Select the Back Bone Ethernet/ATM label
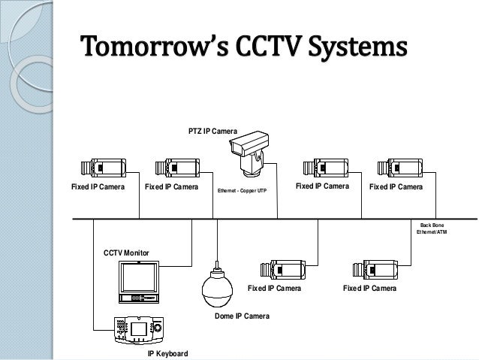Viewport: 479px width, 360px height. click(x=432, y=228)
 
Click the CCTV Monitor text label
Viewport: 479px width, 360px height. click(x=126, y=253)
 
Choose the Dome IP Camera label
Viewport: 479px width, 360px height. click(x=242, y=316)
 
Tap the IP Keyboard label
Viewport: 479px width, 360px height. click(x=167, y=352)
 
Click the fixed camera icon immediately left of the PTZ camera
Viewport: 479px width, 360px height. click(x=177, y=170)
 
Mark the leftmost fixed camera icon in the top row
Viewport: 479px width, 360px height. click(x=103, y=170)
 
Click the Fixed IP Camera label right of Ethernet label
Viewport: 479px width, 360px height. click(x=323, y=186)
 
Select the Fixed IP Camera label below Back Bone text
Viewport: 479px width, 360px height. click(x=369, y=288)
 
